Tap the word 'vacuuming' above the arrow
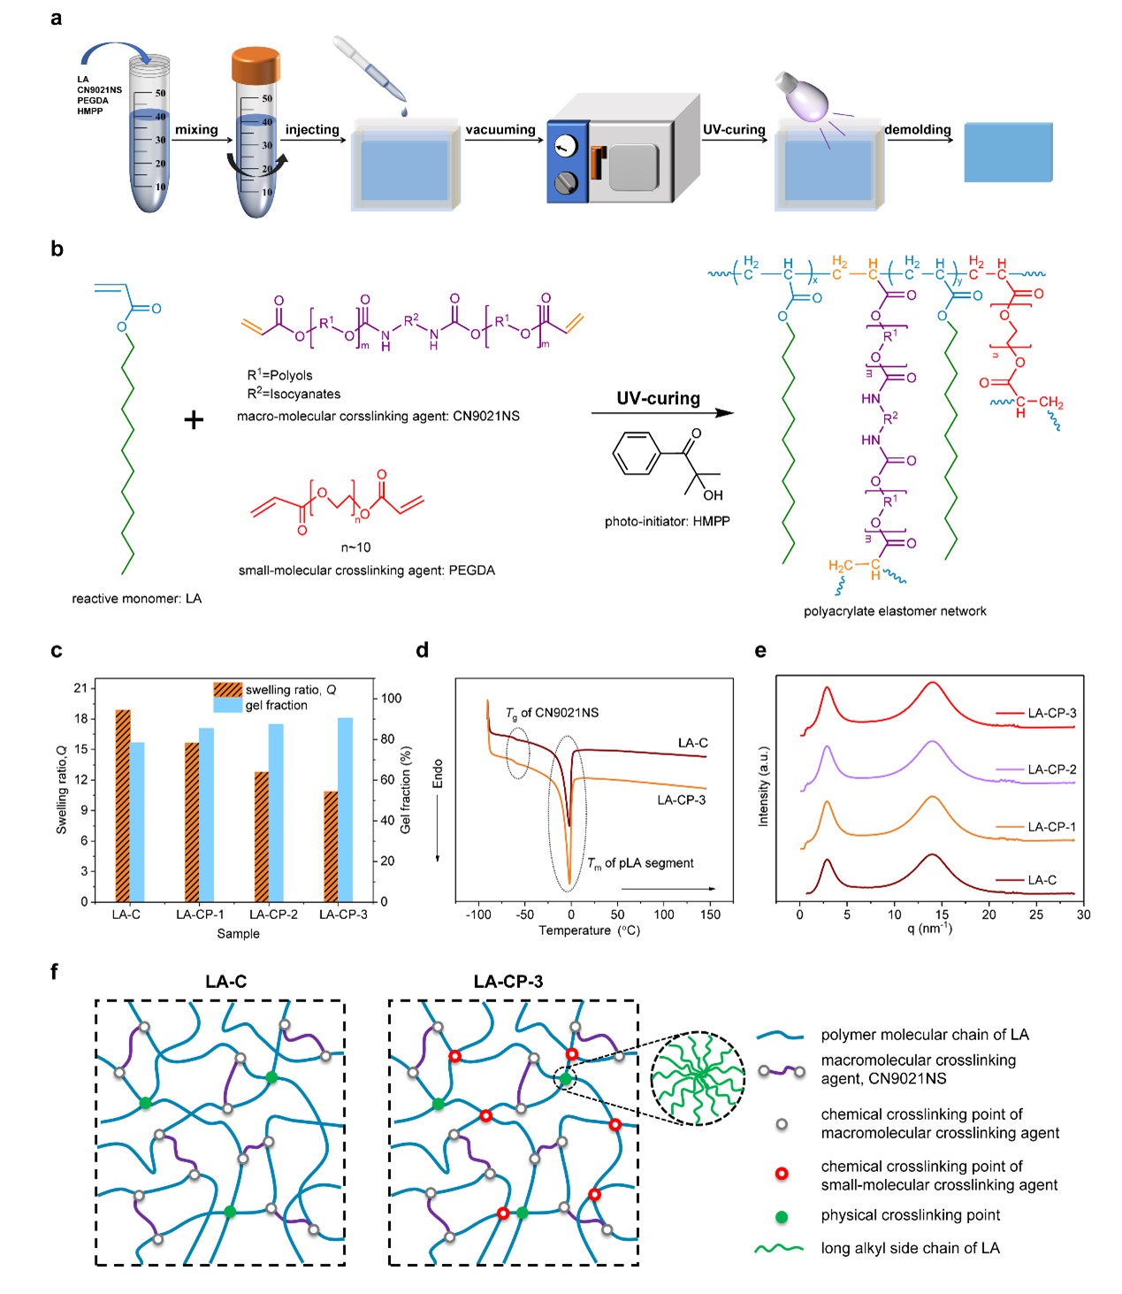[500, 130]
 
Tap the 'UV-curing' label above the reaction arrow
[658, 398]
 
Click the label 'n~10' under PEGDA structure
[355, 547]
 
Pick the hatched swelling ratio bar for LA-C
[122, 805]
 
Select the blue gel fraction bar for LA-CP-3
[346, 809]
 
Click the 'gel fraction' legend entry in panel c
[276, 705]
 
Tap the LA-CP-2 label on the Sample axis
[273, 915]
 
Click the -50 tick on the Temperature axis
[524, 915]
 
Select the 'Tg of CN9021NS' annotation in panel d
[552, 713]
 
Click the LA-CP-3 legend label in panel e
[1051, 713]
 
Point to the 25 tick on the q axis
[1036, 915]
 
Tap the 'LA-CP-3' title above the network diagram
[508, 981]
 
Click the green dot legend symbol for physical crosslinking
[781, 1216]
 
